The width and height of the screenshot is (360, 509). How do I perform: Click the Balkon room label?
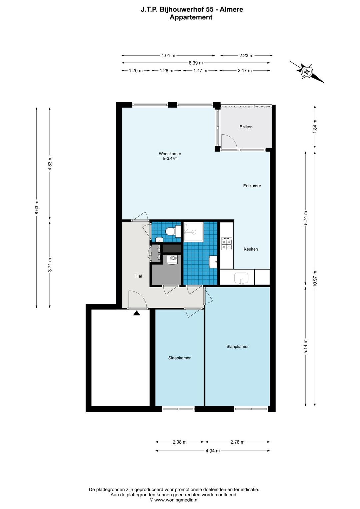coord(246,127)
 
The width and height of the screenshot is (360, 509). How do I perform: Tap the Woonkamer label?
coord(170,154)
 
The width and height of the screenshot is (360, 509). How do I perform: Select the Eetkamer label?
coord(252,186)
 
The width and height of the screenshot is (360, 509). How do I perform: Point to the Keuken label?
coord(251,249)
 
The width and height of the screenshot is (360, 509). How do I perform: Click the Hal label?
coord(139,276)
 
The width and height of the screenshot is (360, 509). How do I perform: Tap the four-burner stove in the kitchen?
coord(227,244)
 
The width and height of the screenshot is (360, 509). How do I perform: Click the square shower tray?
coord(193,232)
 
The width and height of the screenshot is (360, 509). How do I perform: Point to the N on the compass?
coord(307,72)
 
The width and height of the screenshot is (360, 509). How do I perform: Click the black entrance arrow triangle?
coord(137,313)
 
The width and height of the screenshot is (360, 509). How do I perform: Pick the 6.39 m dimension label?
coord(196,63)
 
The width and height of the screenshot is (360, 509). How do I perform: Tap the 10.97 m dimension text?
coord(315,279)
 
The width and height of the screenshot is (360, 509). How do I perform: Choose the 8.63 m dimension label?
coord(37,207)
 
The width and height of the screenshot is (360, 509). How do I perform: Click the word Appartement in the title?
coord(191,17)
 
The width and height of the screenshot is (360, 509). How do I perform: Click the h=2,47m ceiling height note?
coord(170,159)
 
